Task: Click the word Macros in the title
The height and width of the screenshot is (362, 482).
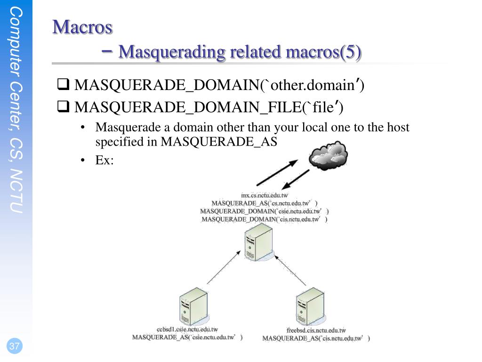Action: click(82, 27)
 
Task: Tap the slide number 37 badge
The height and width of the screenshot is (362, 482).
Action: click(15, 346)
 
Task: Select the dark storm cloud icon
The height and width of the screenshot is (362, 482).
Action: click(328, 156)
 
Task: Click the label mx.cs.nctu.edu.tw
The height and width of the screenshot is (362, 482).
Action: click(265, 195)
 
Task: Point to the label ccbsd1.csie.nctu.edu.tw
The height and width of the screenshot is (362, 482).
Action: click(187, 329)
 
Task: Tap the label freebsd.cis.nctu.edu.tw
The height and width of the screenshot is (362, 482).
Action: click(316, 330)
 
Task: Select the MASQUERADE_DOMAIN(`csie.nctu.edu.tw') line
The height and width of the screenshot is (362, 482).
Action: click(264, 211)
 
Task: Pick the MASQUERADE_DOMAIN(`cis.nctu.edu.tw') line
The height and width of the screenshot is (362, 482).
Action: click(264, 219)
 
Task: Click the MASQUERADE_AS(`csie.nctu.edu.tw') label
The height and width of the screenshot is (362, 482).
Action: click(187, 337)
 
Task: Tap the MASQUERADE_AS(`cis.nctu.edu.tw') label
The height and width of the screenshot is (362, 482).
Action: click(316, 338)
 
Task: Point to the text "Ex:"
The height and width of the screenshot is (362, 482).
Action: click(104, 160)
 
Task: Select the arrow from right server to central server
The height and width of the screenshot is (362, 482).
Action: click(291, 270)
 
